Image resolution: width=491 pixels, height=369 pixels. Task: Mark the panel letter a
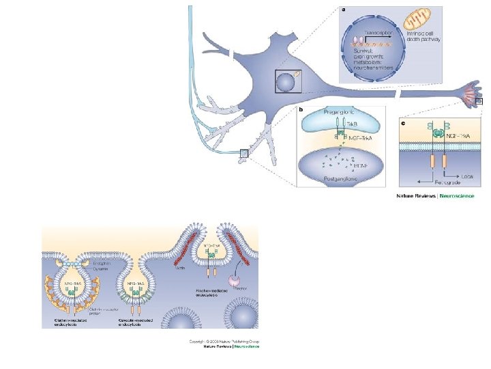coord(343,10)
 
